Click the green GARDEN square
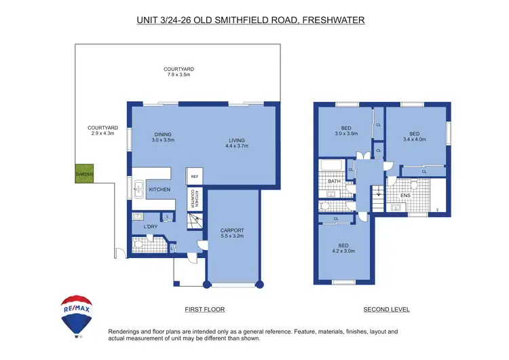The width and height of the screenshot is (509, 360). pyautogui.click(x=85, y=175)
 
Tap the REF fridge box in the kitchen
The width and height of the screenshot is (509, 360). pyautogui.click(x=194, y=177)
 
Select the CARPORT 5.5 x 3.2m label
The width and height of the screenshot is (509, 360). pyautogui.click(x=232, y=234)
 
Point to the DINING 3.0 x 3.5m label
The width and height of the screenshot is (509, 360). pyautogui.click(x=163, y=137)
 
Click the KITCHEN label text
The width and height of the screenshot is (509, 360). pyautogui.click(x=159, y=190)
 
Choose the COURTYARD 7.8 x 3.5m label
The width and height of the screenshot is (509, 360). pyautogui.click(x=179, y=72)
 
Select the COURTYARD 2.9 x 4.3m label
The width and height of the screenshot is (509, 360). pyautogui.click(x=103, y=130)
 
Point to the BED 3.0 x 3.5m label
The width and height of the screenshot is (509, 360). pyautogui.click(x=345, y=131)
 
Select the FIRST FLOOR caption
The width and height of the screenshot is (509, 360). pyautogui.click(x=204, y=310)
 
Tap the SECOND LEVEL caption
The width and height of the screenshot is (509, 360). pyautogui.click(x=386, y=310)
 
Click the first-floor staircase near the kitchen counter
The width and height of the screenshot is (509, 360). pyautogui.click(x=195, y=221)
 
